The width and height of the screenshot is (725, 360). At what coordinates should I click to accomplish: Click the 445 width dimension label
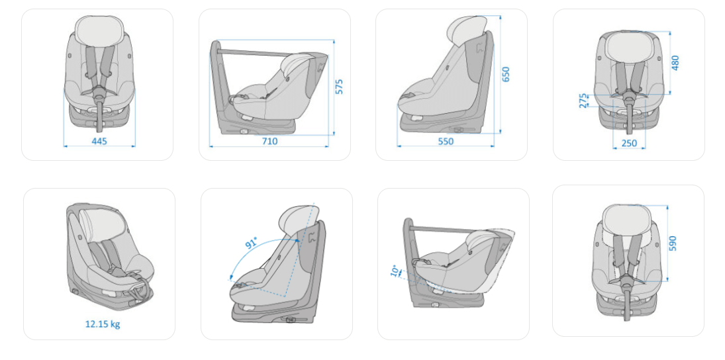tap(99, 142)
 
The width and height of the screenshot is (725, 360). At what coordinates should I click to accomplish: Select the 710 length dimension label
tap(269, 142)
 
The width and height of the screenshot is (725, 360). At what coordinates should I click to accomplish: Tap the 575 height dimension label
tap(340, 87)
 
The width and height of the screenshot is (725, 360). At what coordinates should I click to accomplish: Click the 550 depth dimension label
tap(446, 142)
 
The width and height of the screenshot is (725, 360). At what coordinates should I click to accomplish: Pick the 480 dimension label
tap(675, 62)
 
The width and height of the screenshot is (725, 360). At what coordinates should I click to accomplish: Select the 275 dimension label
tap(583, 101)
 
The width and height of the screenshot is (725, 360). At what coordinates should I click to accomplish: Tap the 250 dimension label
tap(629, 144)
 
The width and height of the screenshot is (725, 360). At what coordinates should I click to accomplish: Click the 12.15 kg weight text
tap(102, 324)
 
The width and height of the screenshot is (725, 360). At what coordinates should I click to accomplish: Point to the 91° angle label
tap(252, 243)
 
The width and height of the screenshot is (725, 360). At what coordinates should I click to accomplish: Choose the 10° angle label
tap(395, 271)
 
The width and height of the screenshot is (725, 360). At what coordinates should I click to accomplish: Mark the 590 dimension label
tap(672, 244)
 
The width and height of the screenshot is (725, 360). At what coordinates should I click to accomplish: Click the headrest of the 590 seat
tap(628, 220)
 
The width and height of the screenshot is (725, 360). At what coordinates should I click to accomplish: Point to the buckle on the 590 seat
tap(628, 279)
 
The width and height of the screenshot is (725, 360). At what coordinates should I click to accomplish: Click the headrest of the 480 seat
tap(628, 49)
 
